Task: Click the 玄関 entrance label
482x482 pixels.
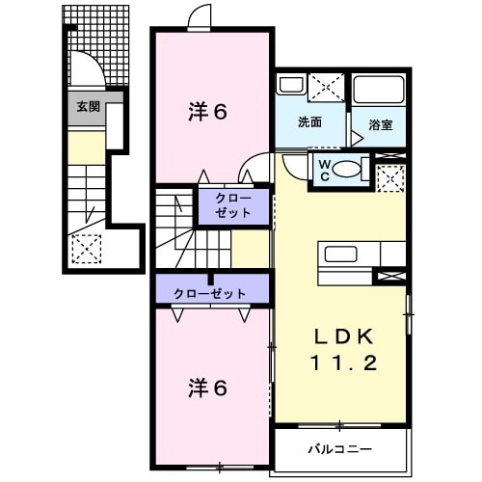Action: coord(89,107)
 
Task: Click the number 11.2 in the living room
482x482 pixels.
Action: coord(339,363)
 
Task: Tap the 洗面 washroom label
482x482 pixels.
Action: coord(309,122)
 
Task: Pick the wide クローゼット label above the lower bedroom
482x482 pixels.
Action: coord(209,293)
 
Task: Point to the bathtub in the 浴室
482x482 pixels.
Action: coord(379,90)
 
